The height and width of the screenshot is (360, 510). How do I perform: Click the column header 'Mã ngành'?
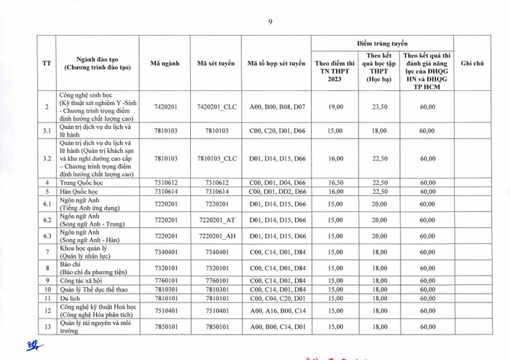[x=165, y=64]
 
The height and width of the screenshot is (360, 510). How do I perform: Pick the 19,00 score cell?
[x=335, y=107]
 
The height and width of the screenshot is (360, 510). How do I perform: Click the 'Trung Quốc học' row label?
[x=80, y=183]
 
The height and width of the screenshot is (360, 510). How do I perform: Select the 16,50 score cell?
[x=335, y=183]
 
